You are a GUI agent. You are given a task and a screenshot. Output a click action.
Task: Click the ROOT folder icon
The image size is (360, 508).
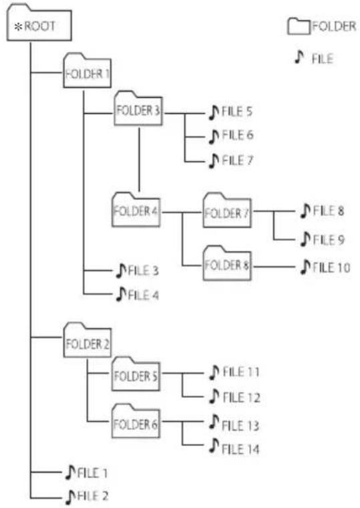tap(39, 23)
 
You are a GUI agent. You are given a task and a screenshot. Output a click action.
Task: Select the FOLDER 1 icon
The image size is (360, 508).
tap(87, 71)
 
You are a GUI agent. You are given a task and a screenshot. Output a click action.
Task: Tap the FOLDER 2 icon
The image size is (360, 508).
tap(87, 340)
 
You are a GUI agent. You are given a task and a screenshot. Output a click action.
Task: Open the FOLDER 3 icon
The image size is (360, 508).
tap(138, 108)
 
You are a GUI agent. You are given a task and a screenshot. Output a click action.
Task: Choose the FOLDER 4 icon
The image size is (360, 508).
tap(136, 210)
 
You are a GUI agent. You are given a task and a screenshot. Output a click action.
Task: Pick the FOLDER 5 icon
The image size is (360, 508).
tap(136, 374)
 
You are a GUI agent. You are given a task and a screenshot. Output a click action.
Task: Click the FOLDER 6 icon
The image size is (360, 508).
tap(136, 421)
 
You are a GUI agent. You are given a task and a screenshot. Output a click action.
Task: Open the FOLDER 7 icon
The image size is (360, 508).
tap(227, 211)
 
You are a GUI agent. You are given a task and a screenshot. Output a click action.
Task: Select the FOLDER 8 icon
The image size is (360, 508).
tap(227, 263)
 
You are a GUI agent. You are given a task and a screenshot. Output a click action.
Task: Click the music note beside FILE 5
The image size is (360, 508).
tap(213, 112)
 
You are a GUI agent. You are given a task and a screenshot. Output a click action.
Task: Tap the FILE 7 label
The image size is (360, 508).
tap(237, 160)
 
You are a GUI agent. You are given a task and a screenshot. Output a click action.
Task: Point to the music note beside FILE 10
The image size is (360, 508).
tap(305, 267)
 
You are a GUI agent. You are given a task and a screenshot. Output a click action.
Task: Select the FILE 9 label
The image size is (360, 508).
tap(328, 240)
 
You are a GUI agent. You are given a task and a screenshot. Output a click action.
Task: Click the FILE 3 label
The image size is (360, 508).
tap(144, 270)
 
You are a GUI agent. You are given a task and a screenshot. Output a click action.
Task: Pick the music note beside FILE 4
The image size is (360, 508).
tap(121, 295)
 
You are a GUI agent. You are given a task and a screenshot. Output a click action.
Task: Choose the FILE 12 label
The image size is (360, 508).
tap(242, 398)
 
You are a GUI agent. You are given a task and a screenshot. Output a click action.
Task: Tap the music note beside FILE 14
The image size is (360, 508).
tap(214, 446)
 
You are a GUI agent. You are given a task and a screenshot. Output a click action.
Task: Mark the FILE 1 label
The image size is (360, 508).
tap(93, 473)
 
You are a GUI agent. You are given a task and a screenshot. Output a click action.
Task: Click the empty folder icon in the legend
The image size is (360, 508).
tap(299, 26)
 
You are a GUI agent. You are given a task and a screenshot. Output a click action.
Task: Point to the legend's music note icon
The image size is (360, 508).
tap(299, 57)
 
